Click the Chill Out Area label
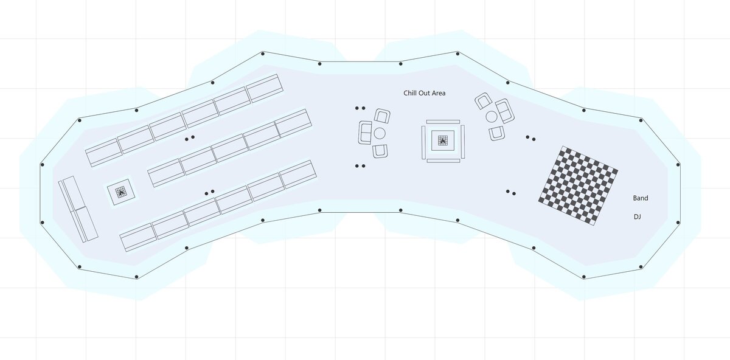[425, 93]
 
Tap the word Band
[641, 198]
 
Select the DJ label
[638, 216]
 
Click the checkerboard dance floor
[578, 185]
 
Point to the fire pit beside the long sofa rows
[121, 192]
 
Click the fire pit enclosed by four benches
[442, 140]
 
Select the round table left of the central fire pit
[380, 133]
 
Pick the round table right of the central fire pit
[492, 117]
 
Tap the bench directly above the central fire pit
[443, 122]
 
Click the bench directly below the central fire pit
[443, 161]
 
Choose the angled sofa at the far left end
[78, 209]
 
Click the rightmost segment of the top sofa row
[264, 88]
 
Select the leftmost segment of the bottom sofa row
[138, 237]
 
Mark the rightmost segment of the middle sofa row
[293, 123]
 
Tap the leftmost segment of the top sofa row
[103, 153]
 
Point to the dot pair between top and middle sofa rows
[190, 138]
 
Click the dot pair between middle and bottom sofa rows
[209, 193]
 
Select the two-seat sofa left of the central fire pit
[366, 133]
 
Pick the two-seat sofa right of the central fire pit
[505, 111]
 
